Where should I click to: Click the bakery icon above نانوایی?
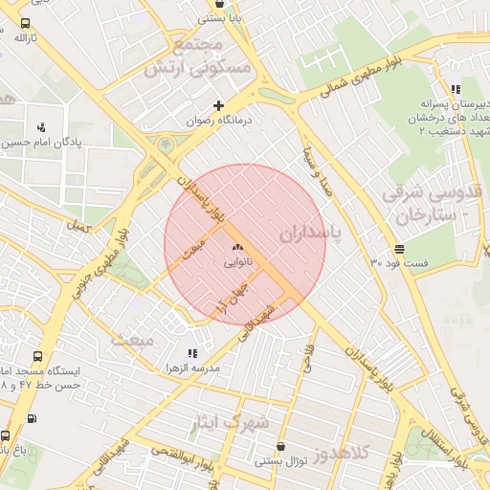(236, 247)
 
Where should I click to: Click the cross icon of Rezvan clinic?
(219, 105)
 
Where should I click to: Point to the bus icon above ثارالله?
(24, 23)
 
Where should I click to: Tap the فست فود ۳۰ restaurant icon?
(398, 247)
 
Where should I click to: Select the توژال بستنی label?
(280, 460)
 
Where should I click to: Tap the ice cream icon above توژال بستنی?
(280, 446)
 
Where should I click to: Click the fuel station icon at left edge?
(33, 418)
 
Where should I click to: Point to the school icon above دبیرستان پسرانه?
(455, 89)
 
